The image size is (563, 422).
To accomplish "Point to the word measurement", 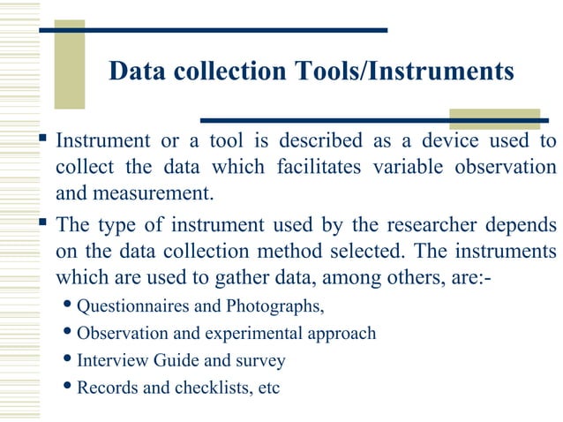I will point(151,191).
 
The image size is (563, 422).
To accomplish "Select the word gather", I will point(227,275).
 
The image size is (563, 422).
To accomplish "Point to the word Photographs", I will point(274,307).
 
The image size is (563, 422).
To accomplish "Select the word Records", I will point(105,387).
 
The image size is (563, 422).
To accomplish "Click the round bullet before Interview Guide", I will point(70,360).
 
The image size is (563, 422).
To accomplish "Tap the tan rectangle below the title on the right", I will point(482,118).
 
